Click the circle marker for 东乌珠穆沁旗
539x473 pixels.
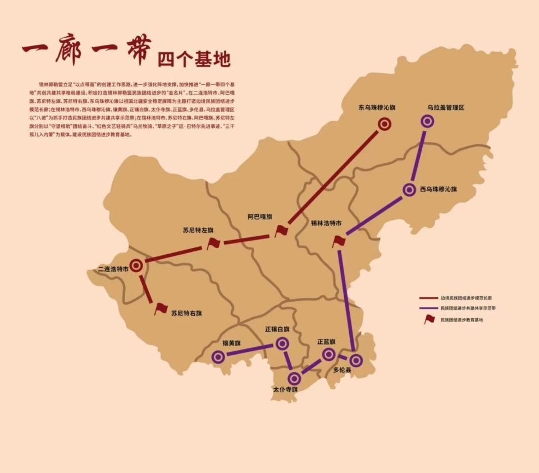click(385, 124)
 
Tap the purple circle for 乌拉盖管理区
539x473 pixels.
click(428, 120)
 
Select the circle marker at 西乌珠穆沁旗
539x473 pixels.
click(409, 190)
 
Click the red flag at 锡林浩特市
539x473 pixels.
click(339, 241)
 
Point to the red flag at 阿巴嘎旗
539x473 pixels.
click(281, 231)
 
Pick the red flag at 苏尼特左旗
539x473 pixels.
click(213, 243)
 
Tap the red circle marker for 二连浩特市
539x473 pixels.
click(136, 265)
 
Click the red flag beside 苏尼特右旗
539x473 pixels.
click(161, 308)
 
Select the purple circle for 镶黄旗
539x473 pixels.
click(218, 356)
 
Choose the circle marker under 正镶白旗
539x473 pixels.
click(282, 343)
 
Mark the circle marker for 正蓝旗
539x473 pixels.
click(328, 353)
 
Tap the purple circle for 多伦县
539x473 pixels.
click(356, 360)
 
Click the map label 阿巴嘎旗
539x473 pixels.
click(259, 217)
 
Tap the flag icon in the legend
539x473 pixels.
click(430, 319)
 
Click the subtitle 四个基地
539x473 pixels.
click(194, 58)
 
